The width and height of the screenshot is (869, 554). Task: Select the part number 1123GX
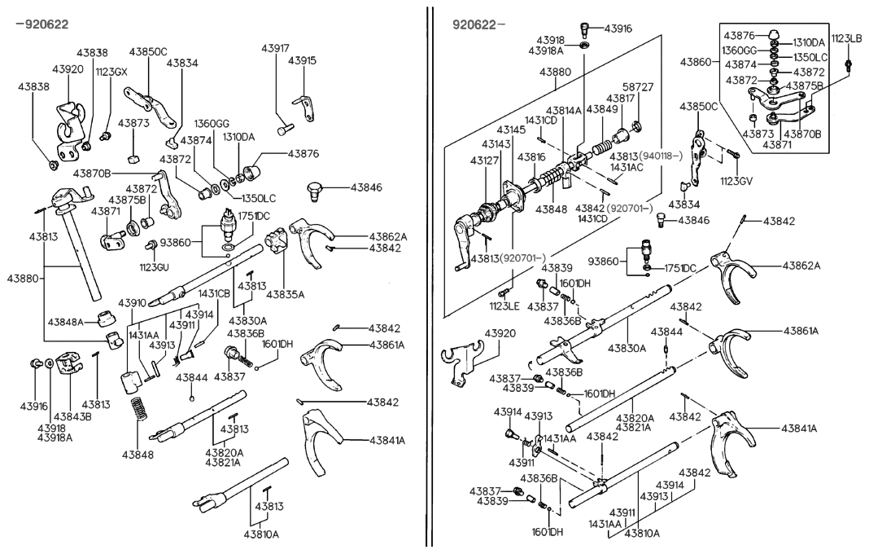[111, 72]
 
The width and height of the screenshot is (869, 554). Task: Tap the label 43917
[275, 48]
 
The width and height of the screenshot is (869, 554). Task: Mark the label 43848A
[65, 323]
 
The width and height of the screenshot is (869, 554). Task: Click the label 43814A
[564, 110]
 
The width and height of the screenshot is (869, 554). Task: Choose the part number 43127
[486, 160]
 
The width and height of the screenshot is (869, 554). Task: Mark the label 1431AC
[627, 167]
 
